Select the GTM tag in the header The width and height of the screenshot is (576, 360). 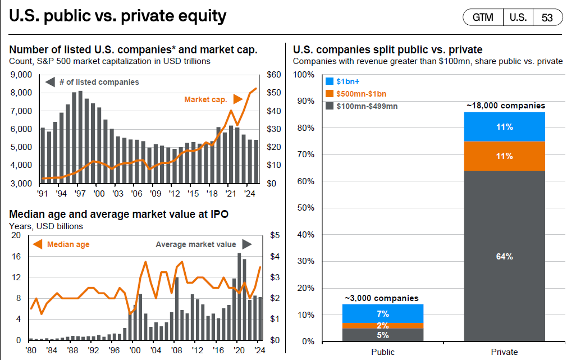tap(483, 17)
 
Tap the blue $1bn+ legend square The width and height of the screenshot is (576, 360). tap(330, 81)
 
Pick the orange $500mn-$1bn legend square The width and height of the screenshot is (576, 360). tap(330, 93)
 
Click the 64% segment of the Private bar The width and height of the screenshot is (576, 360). tap(504, 256)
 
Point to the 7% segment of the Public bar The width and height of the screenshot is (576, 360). tap(383, 313)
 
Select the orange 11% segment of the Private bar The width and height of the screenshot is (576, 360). tap(504, 156)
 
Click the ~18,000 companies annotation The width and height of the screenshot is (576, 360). tap(505, 105)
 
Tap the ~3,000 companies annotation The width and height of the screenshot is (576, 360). tap(382, 298)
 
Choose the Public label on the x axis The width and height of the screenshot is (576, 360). tap(383, 352)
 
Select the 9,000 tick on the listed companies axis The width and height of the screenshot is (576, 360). tap(22, 75)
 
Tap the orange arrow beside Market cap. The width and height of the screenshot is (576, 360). tap(238, 99)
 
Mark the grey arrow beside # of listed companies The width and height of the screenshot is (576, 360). tap(50, 83)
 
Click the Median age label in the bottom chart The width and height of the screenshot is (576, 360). tap(68, 244)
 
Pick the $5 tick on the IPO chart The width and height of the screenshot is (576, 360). tap(275, 236)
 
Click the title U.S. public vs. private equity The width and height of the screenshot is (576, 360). tap(117, 16)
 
